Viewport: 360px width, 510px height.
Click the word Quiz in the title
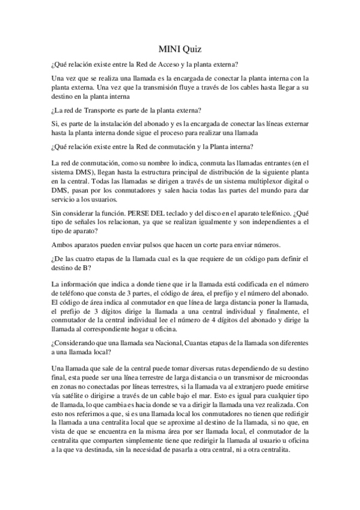tap(192, 51)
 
